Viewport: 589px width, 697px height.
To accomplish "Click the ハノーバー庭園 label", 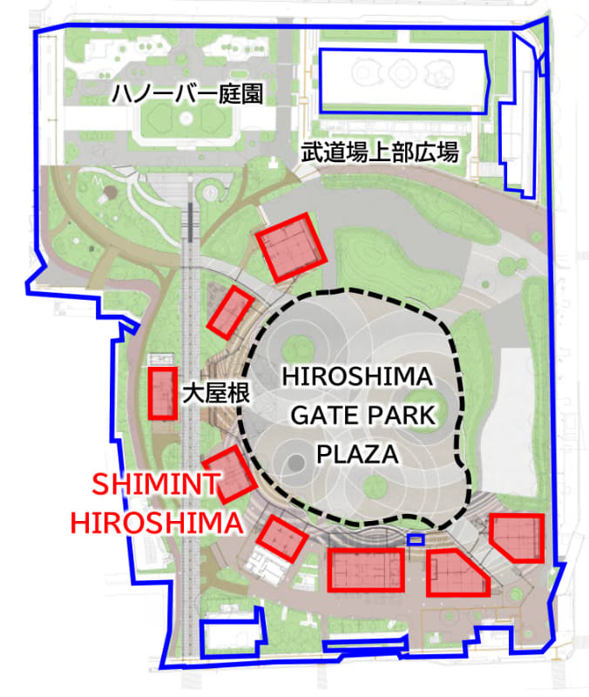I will click(x=186, y=93).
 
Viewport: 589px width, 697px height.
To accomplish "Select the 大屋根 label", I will click(x=216, y=394).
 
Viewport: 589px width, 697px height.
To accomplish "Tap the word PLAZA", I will click(x=357, y=454).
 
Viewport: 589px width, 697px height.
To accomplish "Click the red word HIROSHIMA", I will click(x=157, y=524).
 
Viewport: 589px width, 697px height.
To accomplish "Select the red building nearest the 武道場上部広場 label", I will click(x=290, y=247).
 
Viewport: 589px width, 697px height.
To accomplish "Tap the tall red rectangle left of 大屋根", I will click(x=162, y=393).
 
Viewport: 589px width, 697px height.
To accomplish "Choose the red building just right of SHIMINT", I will click(x=228, y=475).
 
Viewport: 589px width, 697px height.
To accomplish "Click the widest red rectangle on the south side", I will click(x=366, y=570).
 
